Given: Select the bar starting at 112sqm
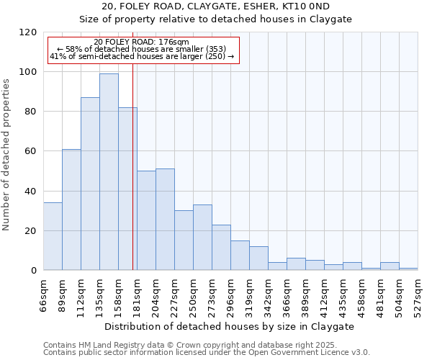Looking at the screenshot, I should click(90, 184).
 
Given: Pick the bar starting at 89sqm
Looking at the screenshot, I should click(71, 210).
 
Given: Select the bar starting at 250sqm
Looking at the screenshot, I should click(202, 238).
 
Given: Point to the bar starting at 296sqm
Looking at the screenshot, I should click(240, 256).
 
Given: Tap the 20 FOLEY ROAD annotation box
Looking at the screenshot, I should click(142, 50).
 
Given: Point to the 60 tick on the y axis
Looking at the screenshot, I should click(31, 151).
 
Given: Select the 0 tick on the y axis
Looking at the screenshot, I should click(34, 271).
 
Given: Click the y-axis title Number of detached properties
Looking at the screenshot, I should click(7, 155).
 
